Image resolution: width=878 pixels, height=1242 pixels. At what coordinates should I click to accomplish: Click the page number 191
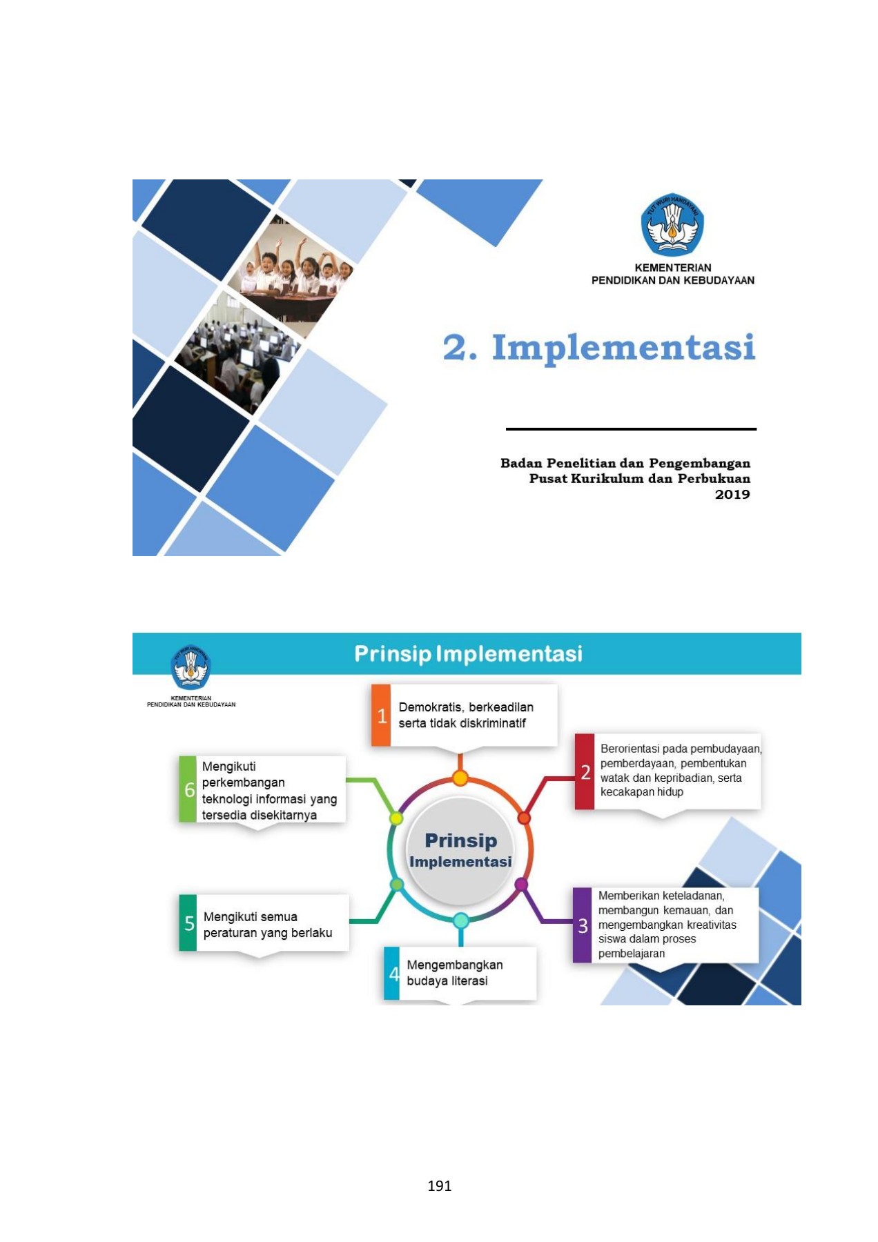pyautogui.click(x=439, y=1185)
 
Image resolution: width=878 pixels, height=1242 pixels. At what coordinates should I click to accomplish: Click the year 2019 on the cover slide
pyautogui.click(x=732, y=494)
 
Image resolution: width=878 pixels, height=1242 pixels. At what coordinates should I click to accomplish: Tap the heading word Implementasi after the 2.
pyautogui.click(x=623, y=347)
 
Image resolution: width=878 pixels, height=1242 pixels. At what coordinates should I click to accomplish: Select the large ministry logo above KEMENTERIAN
pyautogui.click(x=672, y=225)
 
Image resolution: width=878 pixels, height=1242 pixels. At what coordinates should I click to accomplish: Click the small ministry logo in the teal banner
pyautogui.click(x=191, y=667)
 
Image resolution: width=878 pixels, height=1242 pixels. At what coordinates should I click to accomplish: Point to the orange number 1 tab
pyautogui.click(x=381, y=716)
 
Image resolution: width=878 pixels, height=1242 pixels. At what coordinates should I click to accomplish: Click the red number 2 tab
pyautogui.click(x=585, y=771)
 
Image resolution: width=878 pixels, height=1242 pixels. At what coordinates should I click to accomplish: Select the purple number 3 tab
pyautogui.click(x=583, y=925)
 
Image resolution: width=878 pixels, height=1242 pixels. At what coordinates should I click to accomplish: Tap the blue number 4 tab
pyautogui.click(x=392, y=974)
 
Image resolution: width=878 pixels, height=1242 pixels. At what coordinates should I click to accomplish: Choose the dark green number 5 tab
pyautogui.click(x=188, y=923)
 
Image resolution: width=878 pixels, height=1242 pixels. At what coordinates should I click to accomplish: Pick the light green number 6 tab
pyautogui.click(x=188, y=789)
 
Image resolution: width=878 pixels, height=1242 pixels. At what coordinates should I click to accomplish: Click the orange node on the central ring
pyautogui.click(x=460, y=778)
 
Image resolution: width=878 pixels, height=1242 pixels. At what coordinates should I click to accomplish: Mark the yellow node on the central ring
pyautogui.click(x=396, y=818)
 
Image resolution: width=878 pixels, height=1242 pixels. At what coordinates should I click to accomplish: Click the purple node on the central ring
pyautogui.click(x=522, y=885)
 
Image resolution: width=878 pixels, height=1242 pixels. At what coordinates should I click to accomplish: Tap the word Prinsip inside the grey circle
pyautogui.click(x=460, y=840)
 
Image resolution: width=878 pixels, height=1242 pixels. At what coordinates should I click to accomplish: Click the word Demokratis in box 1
pyautogui.click(x=433, y=707)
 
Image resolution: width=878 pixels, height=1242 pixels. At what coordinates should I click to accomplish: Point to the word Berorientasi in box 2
pyautogui.click(x=630, y=749)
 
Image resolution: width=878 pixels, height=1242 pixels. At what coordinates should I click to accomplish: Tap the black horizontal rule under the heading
pyautogui.click(x=631, y=429)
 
